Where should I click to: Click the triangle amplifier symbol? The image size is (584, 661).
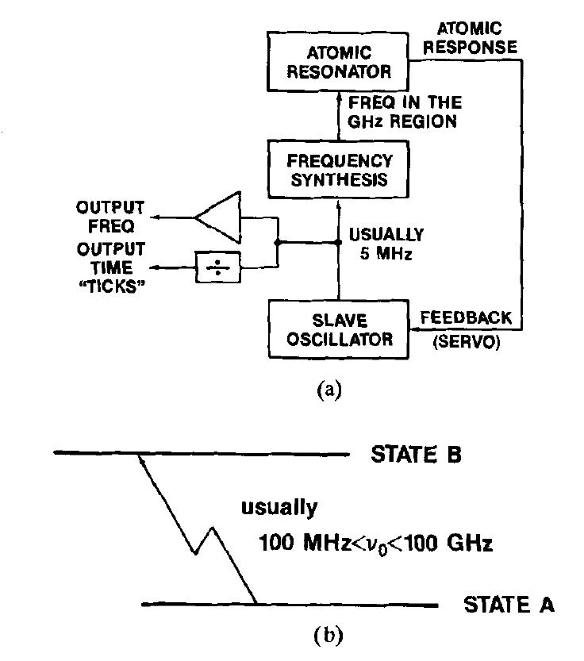[x=220, y=215]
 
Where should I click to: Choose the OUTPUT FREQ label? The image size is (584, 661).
[x=110, y=217]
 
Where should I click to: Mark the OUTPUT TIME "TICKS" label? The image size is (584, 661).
[x=110, y=267]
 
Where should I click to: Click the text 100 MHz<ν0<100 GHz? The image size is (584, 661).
[x=375, y=544]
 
